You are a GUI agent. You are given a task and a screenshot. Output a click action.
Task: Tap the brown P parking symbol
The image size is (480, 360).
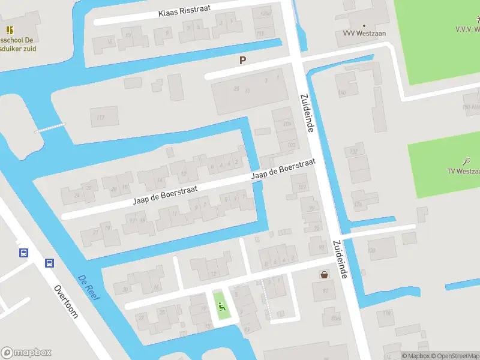pos(243,60)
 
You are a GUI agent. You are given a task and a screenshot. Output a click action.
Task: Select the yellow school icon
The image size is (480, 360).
pos(9,30)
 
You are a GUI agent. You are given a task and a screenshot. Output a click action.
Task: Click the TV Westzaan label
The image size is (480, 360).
pos(463,171)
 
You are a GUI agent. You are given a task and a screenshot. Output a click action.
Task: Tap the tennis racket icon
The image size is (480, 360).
pos(467,161)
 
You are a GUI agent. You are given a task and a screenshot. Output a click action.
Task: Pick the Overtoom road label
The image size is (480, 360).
pos(66,301)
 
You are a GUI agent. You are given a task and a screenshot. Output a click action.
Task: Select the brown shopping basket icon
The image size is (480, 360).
pos(325,275)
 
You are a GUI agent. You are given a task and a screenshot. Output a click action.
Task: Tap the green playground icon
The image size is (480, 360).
pos(221,307)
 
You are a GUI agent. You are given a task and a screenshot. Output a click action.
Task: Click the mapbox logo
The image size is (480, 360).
pos(26,353)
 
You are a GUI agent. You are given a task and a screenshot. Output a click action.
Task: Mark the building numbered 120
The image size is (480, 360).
pos(372,250)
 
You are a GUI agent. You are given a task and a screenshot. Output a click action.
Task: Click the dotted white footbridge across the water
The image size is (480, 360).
pos(50,127)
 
